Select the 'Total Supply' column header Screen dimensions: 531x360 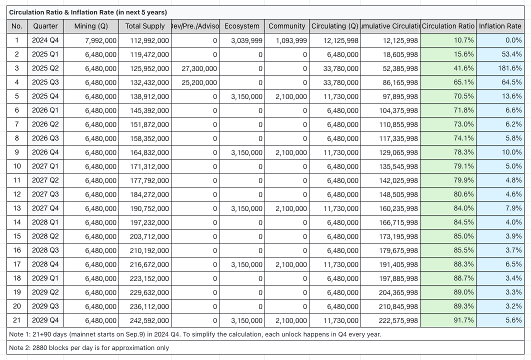[x=145, y=26]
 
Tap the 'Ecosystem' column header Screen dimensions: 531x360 [x=242, y=26]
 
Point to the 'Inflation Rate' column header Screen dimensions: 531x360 [x=500, y=26]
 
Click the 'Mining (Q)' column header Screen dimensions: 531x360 [x=91, y=26]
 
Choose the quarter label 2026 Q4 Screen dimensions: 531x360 [x=45, y=152]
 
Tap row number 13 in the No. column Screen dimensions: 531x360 [x=17, y=208]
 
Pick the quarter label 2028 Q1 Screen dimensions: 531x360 [x=45, y=222]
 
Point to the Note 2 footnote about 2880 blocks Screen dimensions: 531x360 [x=89, y=348]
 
